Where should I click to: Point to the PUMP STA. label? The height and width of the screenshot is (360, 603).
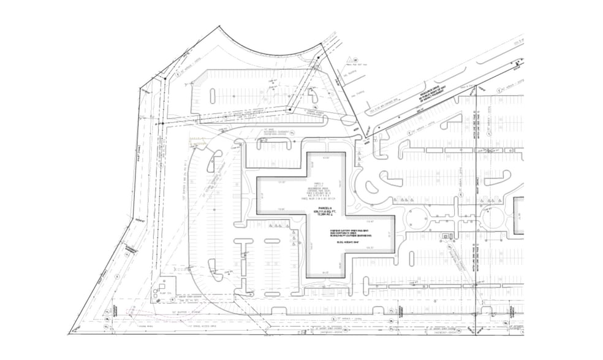click(164, 293)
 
